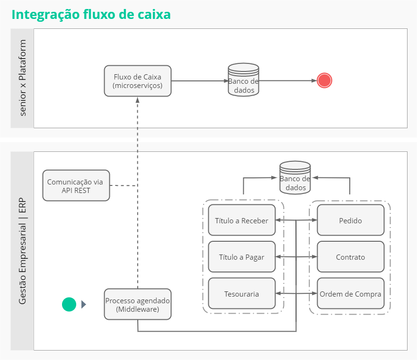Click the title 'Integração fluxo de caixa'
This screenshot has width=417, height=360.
click(x=91, y=15)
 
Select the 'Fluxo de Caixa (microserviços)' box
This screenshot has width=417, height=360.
click(x=138, y=81)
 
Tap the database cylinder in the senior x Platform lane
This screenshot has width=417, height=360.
click(x=243, y=80)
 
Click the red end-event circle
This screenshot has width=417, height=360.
click(x=324, y=80)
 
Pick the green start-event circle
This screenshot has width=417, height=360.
click(x=69, y=304)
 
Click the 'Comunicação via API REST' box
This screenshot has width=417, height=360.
click(x=76, y=185)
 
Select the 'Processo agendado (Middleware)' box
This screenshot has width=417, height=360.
click(x=138, y=305)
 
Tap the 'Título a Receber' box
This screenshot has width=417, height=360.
click(x=241, y=220)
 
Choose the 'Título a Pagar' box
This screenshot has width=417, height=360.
click(x=241, y=257)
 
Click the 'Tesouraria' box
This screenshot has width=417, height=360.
click(x=241, y=294)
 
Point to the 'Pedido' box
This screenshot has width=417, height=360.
click(x=350, y=220)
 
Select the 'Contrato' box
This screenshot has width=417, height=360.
click(x=350, y=257)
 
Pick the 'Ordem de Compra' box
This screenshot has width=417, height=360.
click(x=350, y=294)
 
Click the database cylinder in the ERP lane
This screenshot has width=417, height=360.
click(x=295, y=178)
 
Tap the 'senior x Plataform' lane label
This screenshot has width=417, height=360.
click(x=23, y=78)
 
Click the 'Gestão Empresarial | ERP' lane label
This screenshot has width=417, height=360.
click(x=23, y=251)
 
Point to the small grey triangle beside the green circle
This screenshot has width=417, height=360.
click(x=84, y=304)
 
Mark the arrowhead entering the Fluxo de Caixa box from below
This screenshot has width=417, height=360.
click(x=138, y=100)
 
